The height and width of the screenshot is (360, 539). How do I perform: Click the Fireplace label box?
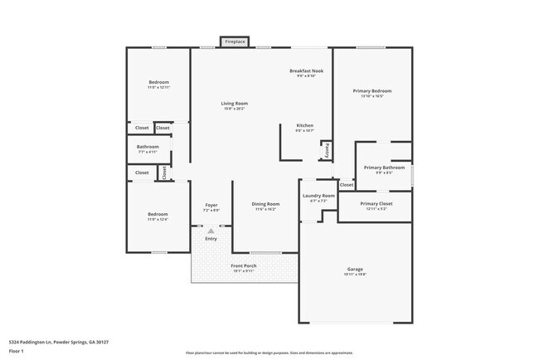coord(235,41)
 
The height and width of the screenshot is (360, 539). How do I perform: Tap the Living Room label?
coord(234,103)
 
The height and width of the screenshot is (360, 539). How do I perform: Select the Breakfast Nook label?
coord(306,71)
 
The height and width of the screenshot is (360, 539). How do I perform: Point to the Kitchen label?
coord(304,125)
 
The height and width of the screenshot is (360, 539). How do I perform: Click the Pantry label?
coord(327,150)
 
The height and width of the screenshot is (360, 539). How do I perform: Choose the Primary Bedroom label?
coord(371,90)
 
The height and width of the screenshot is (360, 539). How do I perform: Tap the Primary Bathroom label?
coord(383,168)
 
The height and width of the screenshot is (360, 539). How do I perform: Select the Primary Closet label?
coord(376,203)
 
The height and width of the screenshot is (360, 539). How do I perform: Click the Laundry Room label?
coord(318,196)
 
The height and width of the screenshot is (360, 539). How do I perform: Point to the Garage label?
coord(355,269)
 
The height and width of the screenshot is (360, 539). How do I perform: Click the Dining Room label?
coord(265,204)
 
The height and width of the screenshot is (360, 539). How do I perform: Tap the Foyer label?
coord(211,205)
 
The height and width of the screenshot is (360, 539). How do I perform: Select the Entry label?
coord(211,239)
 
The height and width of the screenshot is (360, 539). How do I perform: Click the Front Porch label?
coord(243,265)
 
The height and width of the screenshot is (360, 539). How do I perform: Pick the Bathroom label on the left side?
coord(148,148)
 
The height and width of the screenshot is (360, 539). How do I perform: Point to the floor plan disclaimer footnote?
coord(269,353)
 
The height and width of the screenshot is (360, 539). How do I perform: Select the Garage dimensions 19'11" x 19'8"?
coord(355,274)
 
